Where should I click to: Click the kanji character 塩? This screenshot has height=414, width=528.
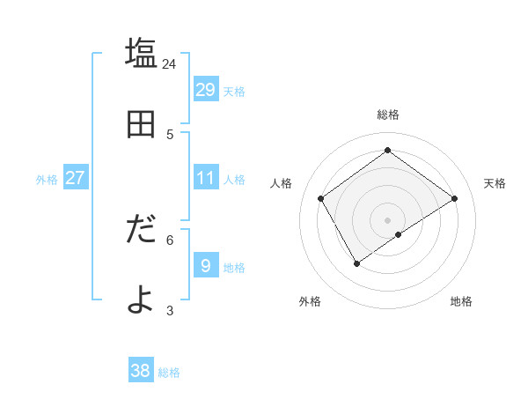pyautogui.click(x=141, y=54)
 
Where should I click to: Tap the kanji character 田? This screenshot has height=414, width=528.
pyautogui.click(x=141, y=124)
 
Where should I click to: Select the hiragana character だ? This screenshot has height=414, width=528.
pyautogui.click(x=141, y=230)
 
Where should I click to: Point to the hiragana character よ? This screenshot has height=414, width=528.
pyautogui.click(x=141, y=300)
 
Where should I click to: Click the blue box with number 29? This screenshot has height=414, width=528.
pyautogui.click(x=205, y=90)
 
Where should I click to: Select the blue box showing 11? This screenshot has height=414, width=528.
pyautogui.click(x=205, y=178)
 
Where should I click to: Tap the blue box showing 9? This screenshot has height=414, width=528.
pyautogui.click(x=205, y=266)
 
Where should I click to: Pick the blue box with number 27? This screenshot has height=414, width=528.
pyautogui.click(x=75, y=178)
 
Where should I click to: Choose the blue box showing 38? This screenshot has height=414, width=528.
pyautogui.click(x=140, y=371)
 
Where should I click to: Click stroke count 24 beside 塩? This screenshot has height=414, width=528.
pyautogui.click(x=170, y=64)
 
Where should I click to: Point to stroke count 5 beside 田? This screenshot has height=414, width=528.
pyautogui.click(x=170, y=134)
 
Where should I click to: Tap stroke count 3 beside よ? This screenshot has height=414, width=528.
pyautogui.click(x=170, y=310)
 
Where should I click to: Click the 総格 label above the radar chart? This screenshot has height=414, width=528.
pyautogui.click(x=387, y=115)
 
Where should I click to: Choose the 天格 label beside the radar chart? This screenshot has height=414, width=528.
pyautogui.click(x=495, y=183)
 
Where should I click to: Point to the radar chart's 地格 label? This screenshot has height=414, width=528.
pyautogui.click(x=461, y=301)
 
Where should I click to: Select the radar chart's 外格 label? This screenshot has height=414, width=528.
pyautogui.click(x=310, y=301)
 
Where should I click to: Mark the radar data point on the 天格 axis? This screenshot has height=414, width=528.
pyautogui.click(x=454, y=199)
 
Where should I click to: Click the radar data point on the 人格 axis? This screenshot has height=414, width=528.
pyautogui.click(x=321, y=199)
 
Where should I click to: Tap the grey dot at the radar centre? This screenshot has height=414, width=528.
pyautogui.click(x=387, y=219)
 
